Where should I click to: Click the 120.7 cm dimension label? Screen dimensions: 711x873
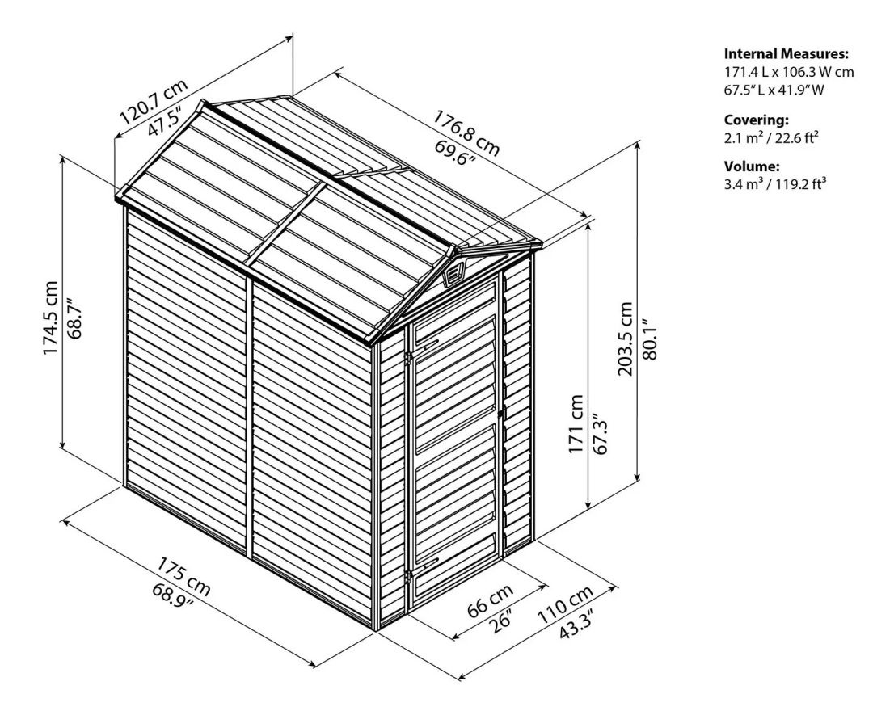(x=154, y=102)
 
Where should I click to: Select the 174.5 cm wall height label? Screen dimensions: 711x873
(x=49, y=318)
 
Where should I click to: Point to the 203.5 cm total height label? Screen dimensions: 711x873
(x=625, y=339)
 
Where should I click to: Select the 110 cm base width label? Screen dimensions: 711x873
(x=565, y=604)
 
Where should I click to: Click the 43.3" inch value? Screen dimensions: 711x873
(x=576, y=626)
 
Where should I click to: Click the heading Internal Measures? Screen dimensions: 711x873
(x=787, y=54)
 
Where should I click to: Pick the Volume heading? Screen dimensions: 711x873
(x=752, y=166)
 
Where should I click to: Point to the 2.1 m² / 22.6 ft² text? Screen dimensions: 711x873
(x=771, y=137)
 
